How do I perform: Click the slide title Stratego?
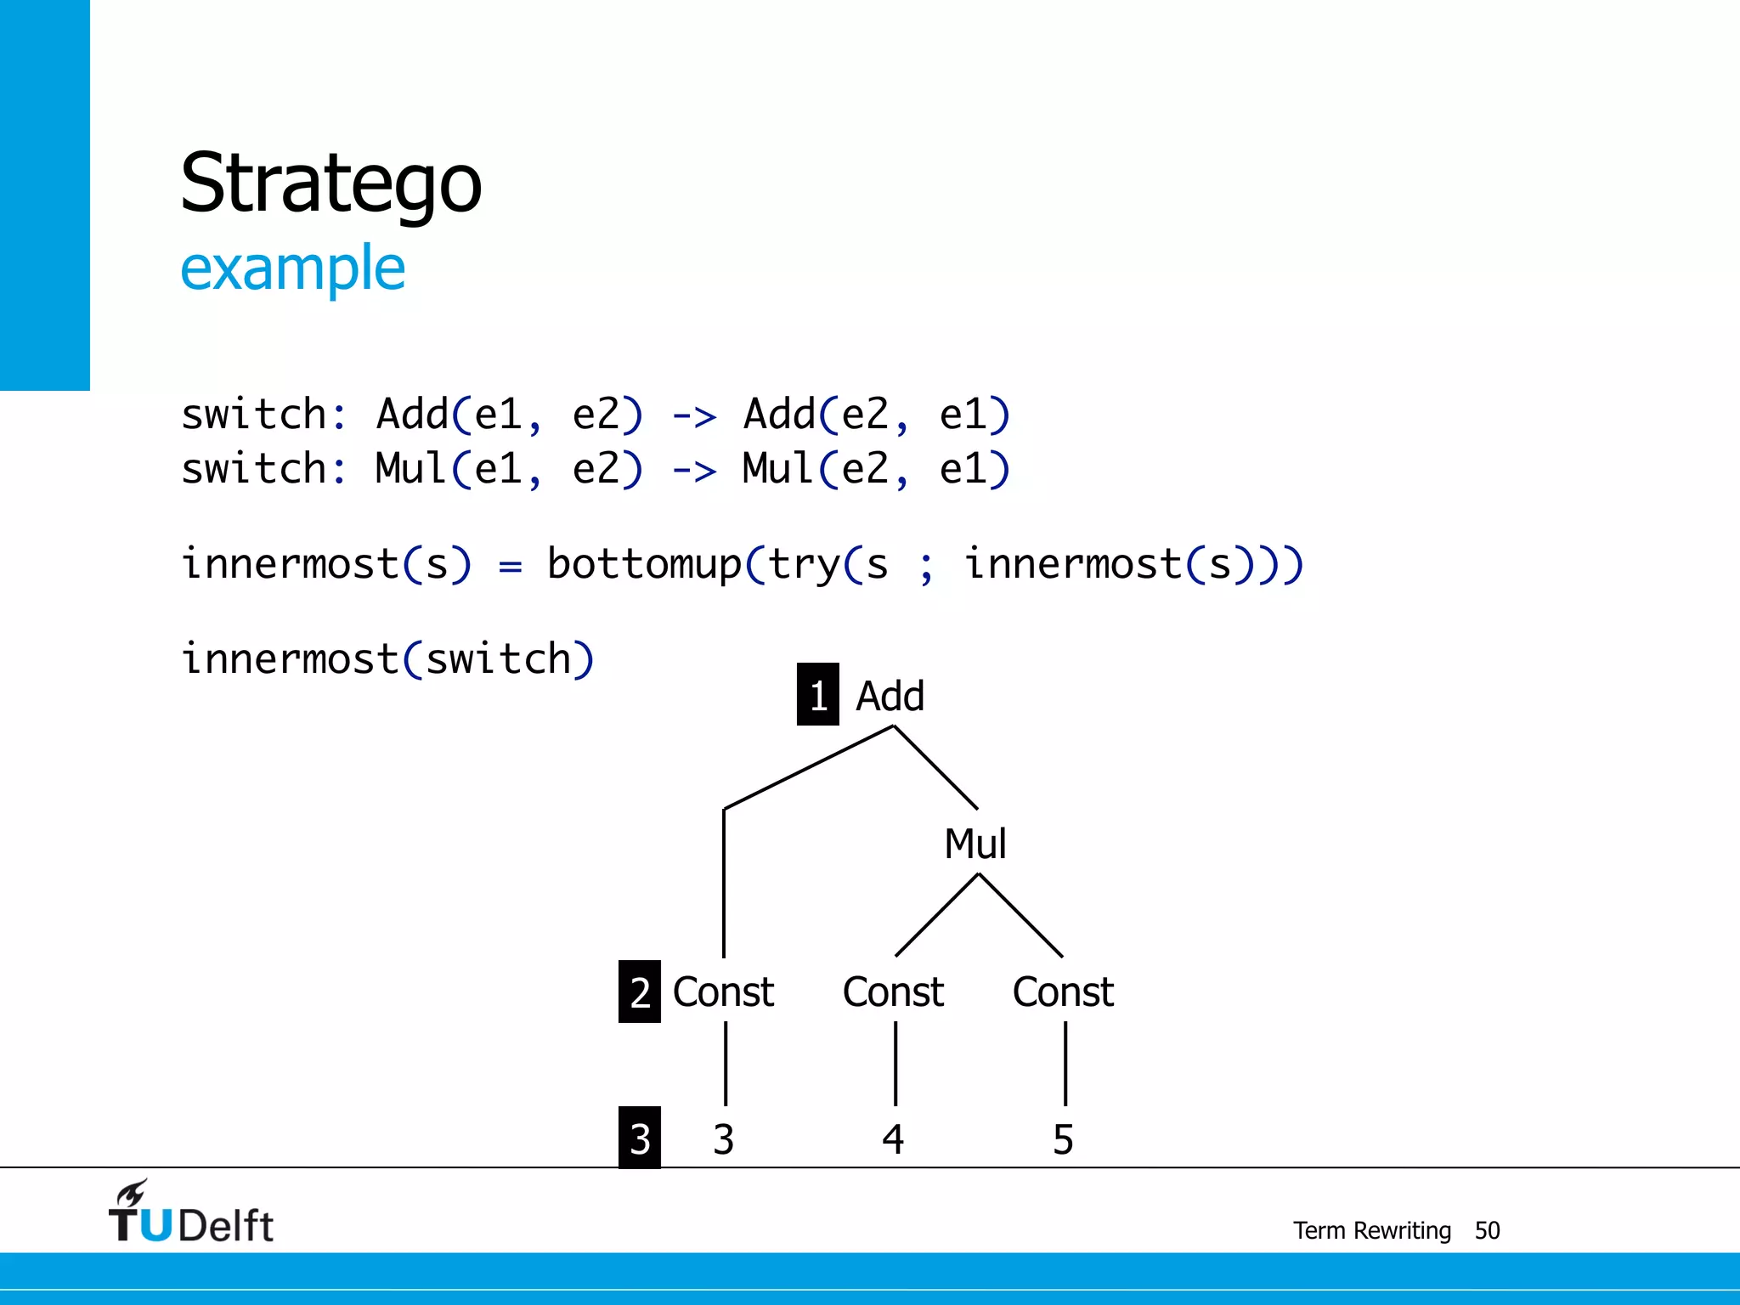[x=331, y=183]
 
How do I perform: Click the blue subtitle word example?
[x=292, y=268]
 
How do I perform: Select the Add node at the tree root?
[x=890, y=696]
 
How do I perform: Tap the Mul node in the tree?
[x=975, y=844]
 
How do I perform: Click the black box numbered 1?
[x=817, y=695]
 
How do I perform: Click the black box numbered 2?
[x=640, y=991]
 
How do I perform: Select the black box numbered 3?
[x=640, y=1138]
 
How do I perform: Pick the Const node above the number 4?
[x=893, y=991]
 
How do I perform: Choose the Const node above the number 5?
[x=1063, y=991]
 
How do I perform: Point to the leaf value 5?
[x=1063, y=1139]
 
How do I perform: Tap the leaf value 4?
[x=893, y=1139]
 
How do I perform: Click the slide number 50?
[x=1487, y=1230]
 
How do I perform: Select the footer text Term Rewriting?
[x=1371, y=1230]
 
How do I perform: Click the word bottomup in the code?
[x=644, y=564]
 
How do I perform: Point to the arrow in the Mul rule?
[x=694, y=471]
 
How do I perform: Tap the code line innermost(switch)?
[x=387, y=659]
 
